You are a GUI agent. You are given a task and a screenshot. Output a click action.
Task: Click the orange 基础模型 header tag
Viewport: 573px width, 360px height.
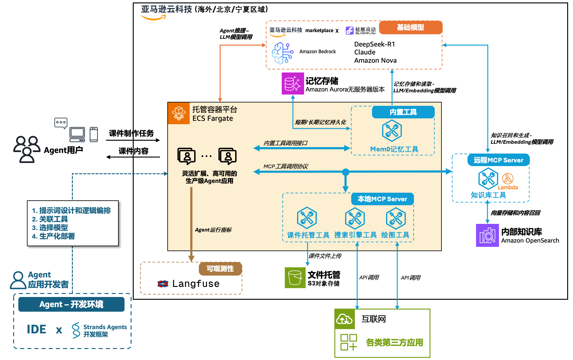[410, 28]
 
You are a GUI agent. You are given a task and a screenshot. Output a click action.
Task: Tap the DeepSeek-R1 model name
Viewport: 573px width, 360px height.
[374, 44]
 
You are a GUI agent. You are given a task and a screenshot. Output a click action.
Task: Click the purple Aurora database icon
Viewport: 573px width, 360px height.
[292, 84]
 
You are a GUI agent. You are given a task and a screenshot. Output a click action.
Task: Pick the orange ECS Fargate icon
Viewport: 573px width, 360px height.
[179, 113]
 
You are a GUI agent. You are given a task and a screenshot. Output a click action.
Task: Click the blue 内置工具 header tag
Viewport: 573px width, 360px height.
[403, 112]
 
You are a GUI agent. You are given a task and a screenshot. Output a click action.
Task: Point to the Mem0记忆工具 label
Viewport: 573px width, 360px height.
[394, 149]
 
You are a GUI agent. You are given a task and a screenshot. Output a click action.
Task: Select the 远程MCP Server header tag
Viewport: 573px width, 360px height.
[498, 160]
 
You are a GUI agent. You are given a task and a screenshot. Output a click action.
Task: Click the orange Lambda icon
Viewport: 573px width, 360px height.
[508, 178]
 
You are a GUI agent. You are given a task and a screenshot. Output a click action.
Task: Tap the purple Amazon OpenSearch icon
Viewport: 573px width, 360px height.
[487, 235]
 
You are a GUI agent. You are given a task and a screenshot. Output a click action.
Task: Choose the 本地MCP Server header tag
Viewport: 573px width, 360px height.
[382, 199]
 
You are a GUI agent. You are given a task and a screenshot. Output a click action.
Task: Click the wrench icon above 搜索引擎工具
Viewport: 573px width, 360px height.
[355, 218]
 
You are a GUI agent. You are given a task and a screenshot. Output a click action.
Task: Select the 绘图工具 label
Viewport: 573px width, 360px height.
[395, 235]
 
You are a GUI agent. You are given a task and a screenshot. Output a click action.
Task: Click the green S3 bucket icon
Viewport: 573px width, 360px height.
[295, 278]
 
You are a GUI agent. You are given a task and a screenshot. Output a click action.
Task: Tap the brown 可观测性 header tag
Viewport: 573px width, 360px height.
[220, 269]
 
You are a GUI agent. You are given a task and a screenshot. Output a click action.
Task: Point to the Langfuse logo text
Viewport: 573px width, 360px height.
[195, 284]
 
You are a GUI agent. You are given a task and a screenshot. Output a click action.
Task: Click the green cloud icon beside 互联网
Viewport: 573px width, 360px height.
[344, 319]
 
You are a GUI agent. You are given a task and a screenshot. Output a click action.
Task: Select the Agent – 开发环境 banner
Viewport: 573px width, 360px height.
[71, 304]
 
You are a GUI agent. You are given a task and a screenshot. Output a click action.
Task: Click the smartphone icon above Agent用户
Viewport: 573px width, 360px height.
[94, 135]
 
